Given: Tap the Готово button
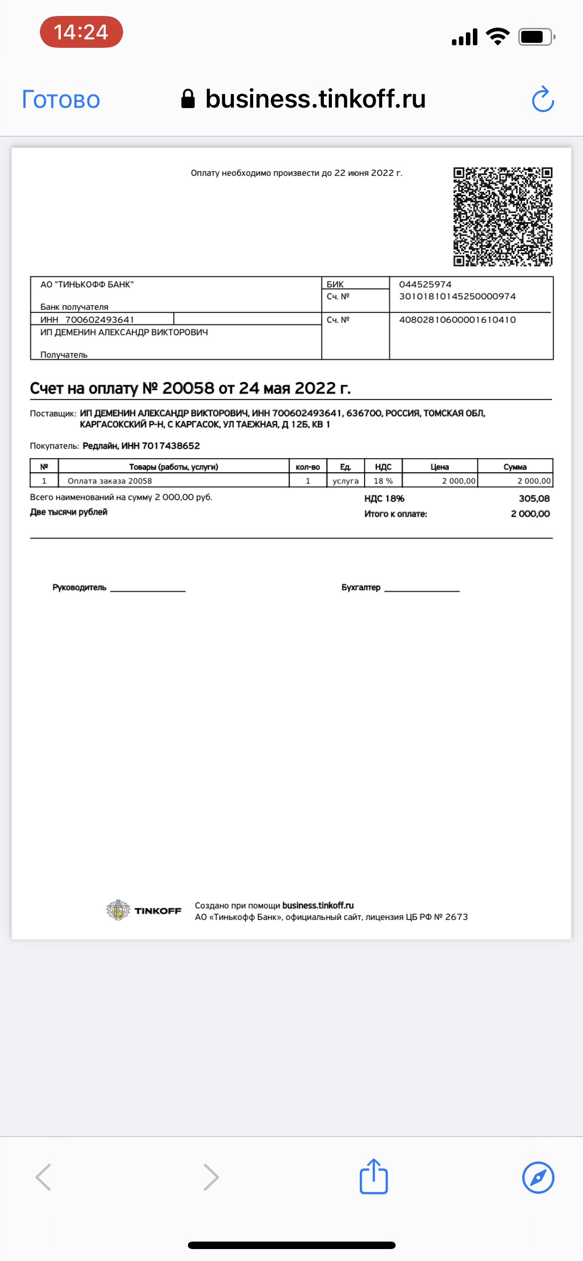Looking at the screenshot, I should (x=61, y=99).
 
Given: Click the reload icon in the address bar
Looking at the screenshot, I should (x=543, y=99).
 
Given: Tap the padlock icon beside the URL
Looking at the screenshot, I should (x=188, y=99).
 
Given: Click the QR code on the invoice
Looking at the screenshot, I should (x=502, y=217).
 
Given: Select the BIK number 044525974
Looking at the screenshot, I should (x=425, y=284).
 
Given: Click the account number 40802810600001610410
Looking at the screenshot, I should (x=457, y=320).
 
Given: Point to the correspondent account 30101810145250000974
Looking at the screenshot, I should (x=457, y=296).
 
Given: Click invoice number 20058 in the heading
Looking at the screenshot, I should (x=188, y=388).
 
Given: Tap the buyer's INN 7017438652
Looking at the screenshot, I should (x=170, y=446).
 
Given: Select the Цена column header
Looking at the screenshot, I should (x=439, y=467).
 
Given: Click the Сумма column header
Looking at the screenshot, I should (x=515, y=467).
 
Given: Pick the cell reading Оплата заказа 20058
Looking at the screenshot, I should (x=110, y=481).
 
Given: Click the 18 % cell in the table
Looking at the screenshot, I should (x=383, y=481).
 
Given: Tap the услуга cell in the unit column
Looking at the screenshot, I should (x=345, y=481).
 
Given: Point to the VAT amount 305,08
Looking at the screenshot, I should (x=534, y=499).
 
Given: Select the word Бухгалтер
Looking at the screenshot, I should (x=361, y=588).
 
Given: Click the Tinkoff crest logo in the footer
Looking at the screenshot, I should (x=118, y=910).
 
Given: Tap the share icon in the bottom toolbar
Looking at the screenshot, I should (x=374, y=1177).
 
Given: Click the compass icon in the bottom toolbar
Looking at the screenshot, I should (x=538, y=1177).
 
